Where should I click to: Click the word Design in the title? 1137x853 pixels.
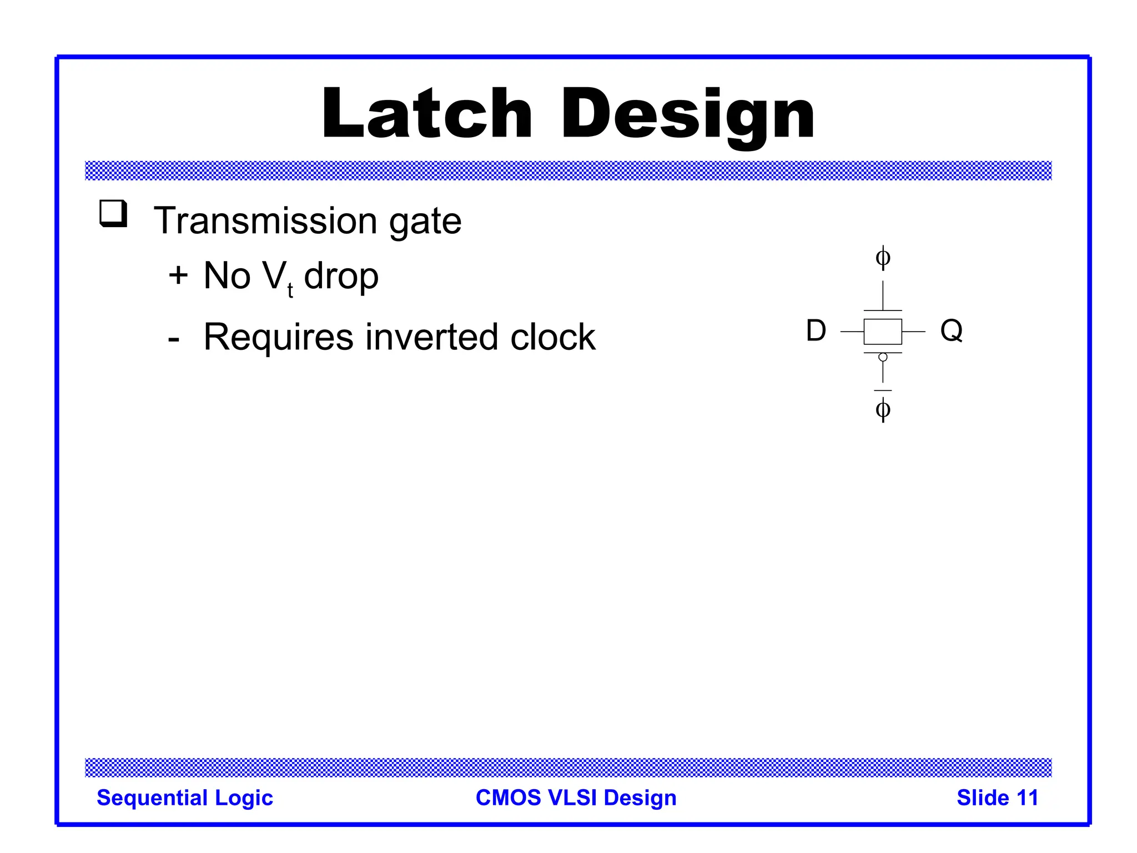tap(687, 114)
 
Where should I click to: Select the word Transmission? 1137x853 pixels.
tap(265, 221)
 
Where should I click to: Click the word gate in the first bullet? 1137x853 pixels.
tap(425, 222)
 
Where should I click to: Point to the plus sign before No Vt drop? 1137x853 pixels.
tap(178, 275)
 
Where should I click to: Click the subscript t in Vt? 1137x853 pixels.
tap(290, 290)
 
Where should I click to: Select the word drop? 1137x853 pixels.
tap(341, 277)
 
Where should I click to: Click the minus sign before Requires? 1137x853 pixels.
tap(174, 339)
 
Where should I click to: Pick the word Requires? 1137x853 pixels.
tap(278, 337)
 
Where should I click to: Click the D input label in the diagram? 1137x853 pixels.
tap(816, 331)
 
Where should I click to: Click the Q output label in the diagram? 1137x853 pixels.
tap(951, 330)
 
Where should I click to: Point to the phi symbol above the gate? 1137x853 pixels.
tap(883, 258)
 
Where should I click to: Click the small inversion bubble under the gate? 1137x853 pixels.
tap(883, 358)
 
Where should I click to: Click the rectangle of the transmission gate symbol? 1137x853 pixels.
tap(883, 332)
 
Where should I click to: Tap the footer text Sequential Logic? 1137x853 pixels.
tap(185, 798)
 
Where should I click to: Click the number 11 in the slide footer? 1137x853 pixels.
tap(1027, 798)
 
